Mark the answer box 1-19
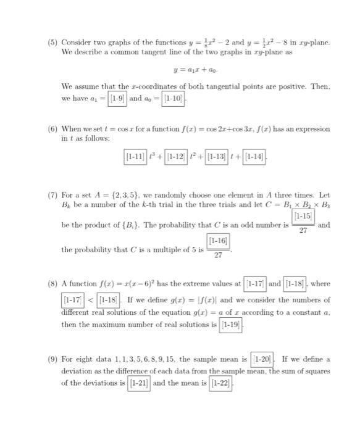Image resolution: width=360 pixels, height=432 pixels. [230, 324]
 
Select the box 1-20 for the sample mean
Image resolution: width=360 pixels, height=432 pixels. [264, 359]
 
